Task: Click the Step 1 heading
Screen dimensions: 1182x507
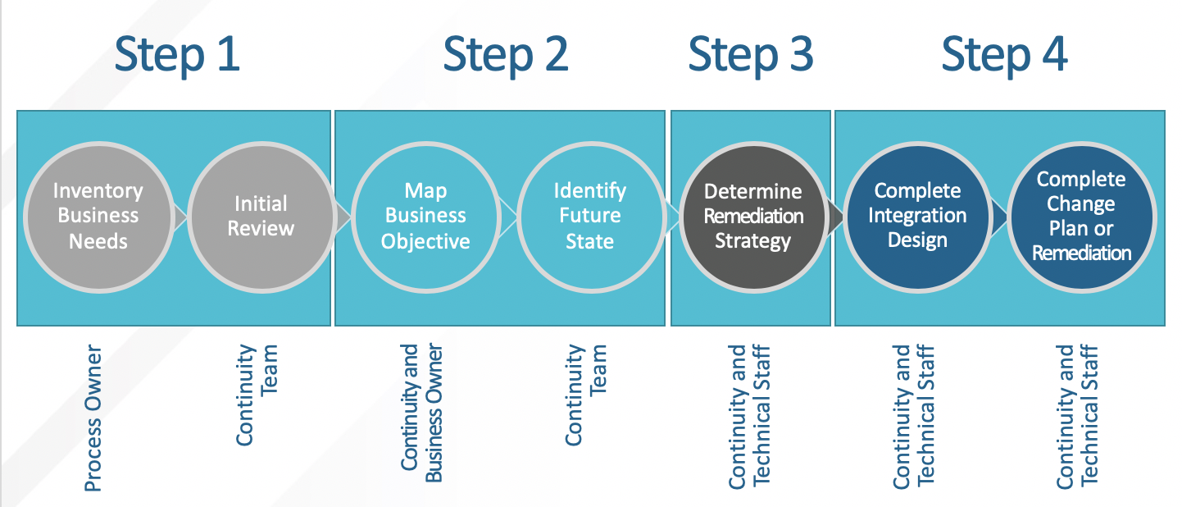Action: point(177,56)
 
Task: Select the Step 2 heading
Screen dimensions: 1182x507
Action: point(506,56)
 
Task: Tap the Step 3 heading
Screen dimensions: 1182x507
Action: point(750,56)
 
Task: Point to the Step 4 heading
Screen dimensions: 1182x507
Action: point(1004,56)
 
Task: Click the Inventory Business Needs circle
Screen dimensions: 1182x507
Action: point(98,217)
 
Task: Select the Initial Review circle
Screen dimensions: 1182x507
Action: point(261,217)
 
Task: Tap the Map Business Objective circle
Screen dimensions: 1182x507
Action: point(426,217)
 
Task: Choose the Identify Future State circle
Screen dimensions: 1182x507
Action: point(590,217)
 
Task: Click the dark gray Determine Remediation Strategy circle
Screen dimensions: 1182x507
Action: point(753,217)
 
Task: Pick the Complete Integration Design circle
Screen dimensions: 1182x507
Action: point(917,217)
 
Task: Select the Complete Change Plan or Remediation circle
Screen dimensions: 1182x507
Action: point(1081,217)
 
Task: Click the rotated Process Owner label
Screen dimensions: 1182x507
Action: point(93,418)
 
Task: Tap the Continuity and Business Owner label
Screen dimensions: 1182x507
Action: point(421,413)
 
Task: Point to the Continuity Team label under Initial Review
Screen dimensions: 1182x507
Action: point(257,395)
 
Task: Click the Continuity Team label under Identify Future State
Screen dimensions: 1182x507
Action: point(585,395)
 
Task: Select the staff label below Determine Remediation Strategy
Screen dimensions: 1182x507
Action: point(749,416)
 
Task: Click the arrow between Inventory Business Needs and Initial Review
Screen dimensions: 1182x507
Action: point(180,217)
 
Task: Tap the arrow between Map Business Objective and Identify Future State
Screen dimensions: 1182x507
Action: point(508,217)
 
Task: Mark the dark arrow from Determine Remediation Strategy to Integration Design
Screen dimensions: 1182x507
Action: point(836,217)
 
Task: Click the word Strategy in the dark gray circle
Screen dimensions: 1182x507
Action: point(753,241)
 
